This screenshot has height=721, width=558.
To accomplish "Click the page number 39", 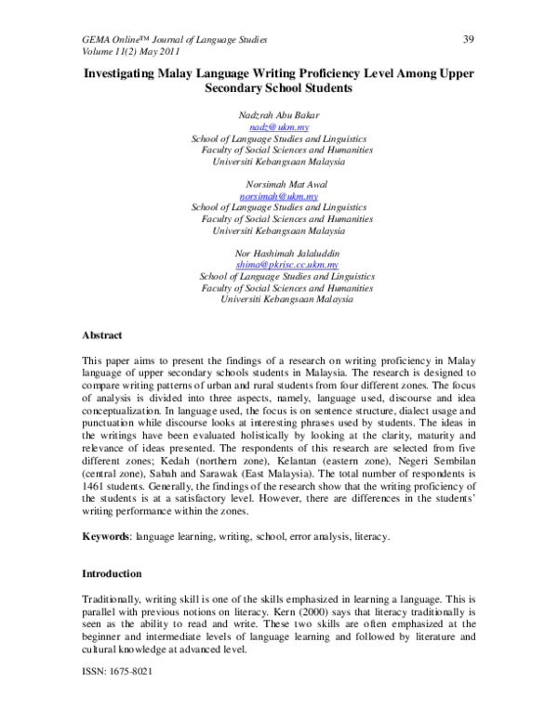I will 469,40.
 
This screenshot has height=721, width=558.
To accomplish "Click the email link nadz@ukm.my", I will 279,125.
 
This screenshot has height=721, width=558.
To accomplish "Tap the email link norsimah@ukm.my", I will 279,196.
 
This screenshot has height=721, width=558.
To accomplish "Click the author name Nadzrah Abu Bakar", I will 279,113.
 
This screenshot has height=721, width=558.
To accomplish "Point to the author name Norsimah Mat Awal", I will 279,184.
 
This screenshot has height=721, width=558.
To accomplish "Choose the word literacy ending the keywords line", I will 371,537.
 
